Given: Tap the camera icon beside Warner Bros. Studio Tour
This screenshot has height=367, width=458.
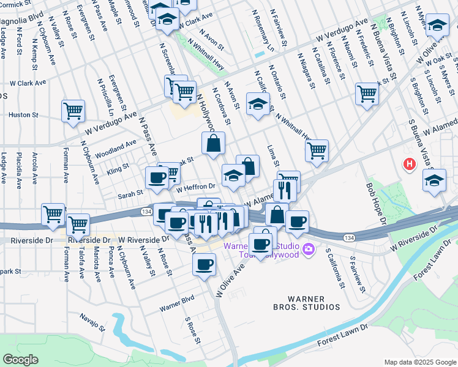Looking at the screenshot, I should click(309, 248).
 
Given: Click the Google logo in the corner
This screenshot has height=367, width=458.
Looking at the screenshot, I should click(21, 359).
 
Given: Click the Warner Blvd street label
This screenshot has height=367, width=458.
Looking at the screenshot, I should click(177, 299).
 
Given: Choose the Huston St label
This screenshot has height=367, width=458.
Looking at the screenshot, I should click(23, 114).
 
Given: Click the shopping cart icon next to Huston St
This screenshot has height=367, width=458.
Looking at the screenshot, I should click(73, 111).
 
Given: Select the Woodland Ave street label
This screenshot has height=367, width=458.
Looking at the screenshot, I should click(116, 147).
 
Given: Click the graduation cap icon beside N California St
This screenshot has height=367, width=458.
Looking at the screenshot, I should click(258, 103).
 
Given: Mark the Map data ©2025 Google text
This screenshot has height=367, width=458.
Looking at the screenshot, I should click(419, 362).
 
